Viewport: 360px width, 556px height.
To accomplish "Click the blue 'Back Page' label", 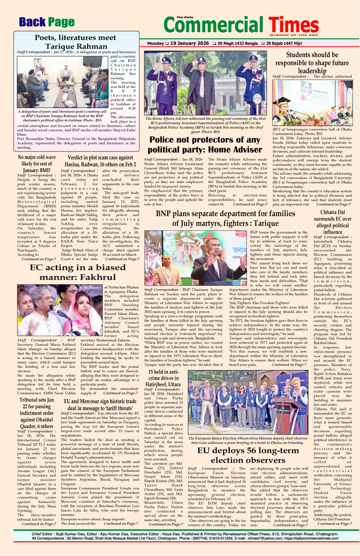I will coord(47,22).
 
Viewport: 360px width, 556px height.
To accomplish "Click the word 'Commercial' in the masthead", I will coord(213,25).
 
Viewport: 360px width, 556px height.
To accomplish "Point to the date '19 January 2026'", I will coord(190,43).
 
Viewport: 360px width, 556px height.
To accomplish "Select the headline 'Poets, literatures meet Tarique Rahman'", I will coord(76,42).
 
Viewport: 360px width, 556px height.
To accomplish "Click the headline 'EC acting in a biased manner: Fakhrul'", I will coord(78,272).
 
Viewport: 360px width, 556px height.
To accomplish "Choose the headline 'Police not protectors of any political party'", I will coord(205,144).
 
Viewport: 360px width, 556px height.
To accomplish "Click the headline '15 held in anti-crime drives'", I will coord(164,378).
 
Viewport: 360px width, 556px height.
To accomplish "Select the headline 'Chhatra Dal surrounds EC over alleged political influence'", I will coord(332,222).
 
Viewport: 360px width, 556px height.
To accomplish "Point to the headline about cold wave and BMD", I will coord(36,164).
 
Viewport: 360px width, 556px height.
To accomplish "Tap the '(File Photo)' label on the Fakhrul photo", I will coord(90,287).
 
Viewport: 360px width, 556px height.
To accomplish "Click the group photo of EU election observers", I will coord(248,402).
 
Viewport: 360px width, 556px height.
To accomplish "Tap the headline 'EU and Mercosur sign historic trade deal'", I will coord(100,405).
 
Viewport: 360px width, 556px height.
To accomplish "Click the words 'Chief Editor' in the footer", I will coord(42,534).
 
